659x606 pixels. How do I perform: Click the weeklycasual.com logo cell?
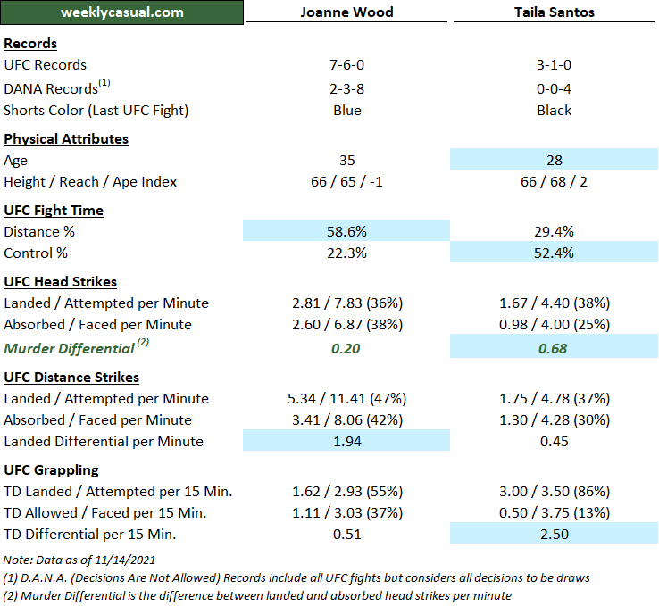tap(122, 12)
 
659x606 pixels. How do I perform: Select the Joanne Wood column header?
tap(346, 12)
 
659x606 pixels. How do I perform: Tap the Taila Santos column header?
tap(555, 12)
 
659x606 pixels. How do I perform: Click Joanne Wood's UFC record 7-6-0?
tap(346, 65)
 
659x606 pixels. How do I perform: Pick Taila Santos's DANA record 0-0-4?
tap(555, 88)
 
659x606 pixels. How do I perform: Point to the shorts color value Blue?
tap(346, 111)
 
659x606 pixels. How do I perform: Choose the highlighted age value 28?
tap(555, 161)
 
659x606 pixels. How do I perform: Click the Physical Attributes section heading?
tap(66, 139)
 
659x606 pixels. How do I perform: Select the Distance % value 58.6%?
tap(346, 232)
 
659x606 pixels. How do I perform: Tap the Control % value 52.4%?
tap(555, 253)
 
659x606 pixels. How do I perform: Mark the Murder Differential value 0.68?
tap(555, 348)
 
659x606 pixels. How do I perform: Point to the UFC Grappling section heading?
tap(52, 470)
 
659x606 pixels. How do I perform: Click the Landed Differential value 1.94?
tap(346, 442)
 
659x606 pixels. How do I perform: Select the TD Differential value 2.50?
tap(555, 535)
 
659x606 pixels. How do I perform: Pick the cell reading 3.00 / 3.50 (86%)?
tap(555, 492)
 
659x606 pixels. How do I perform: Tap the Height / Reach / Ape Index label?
tap(90, 182)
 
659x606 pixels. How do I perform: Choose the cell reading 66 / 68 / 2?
tap(555, 182)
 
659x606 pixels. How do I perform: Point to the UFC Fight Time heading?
tap(54, 211)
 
